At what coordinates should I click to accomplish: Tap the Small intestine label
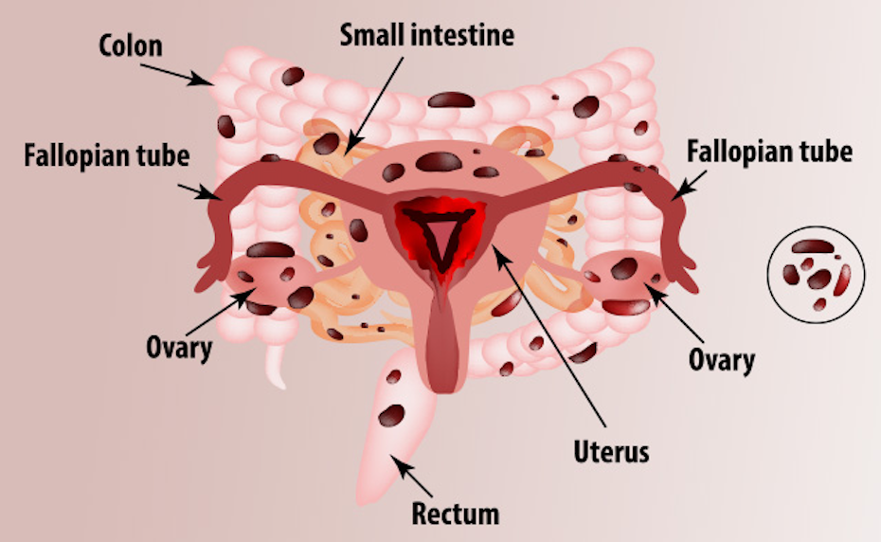click(x=427, y=36)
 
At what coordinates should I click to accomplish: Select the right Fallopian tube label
click(x=769, y=152)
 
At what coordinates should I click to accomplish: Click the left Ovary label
click(x=178, y=347)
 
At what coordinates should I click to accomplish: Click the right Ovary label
click(x=722, y=359)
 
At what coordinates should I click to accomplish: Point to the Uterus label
click(x=611, y=450)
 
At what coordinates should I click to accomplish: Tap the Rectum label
click(x=455, y=514)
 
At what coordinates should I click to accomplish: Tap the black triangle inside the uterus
click(x=442, y=233)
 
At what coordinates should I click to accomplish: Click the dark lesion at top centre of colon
click(x=443, y=99)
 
